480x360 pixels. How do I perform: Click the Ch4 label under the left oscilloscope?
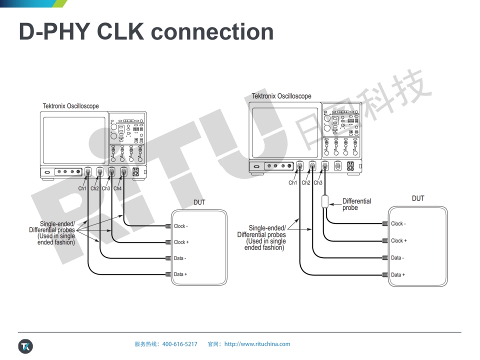117,188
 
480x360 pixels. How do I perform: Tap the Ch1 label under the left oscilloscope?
82,188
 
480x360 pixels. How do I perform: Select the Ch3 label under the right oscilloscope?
318,182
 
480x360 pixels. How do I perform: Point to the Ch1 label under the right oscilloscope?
293,182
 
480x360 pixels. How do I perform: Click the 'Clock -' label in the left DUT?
181,226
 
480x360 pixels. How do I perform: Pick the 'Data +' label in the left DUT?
180,274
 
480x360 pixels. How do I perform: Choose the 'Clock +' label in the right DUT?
399,240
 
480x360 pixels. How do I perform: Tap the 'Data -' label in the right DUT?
397,258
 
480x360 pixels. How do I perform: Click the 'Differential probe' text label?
356,204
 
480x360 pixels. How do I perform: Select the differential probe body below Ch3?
325,201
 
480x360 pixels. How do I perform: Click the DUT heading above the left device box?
199,202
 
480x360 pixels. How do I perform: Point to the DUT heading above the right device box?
418,198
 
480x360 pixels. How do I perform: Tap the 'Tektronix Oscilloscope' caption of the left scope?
70,106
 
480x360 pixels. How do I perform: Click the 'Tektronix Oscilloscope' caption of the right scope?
281,96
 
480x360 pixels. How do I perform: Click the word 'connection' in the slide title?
212,32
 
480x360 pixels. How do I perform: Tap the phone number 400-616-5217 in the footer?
180,344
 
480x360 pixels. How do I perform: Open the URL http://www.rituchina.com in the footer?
257,344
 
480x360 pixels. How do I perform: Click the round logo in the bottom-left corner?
25,346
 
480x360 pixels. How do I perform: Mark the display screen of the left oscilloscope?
74,140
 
